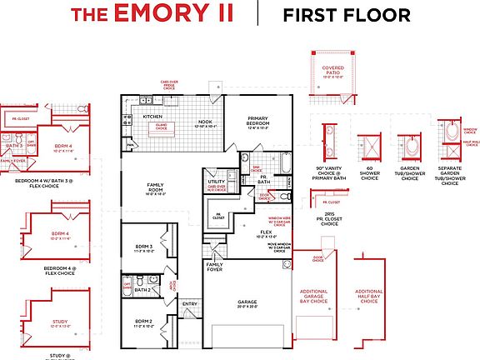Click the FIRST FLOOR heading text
(x=346, y=14)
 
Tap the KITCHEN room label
(x=152, y=117)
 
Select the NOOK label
(x=204, y=122)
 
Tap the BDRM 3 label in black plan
(x=144, y=246)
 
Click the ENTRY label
(x=190, y=304)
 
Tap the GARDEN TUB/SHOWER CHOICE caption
(x=409, y=175)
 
